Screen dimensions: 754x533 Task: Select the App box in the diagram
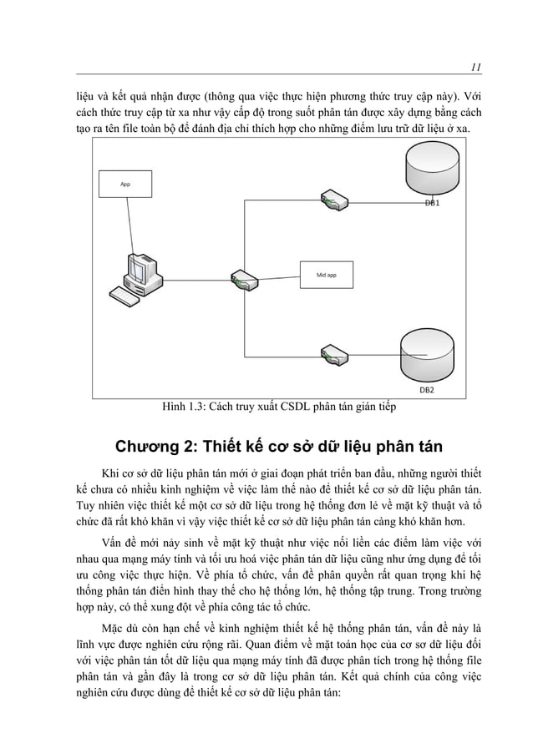[125, 184]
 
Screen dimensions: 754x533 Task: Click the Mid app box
[326, 273]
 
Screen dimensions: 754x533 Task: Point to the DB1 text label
[432, 203]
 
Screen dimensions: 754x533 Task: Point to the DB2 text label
[426, 390]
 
